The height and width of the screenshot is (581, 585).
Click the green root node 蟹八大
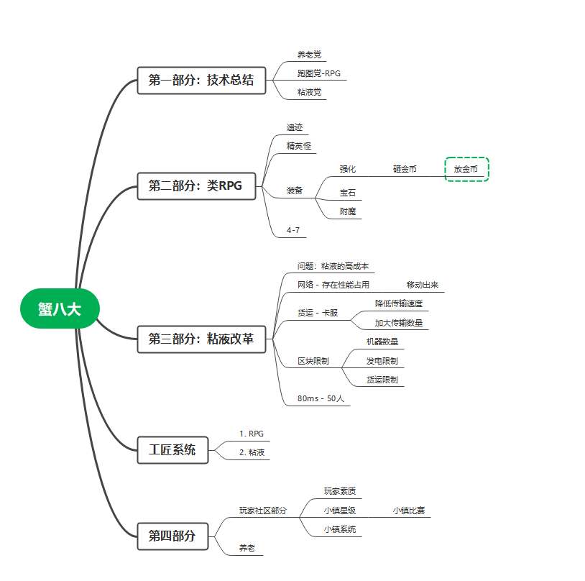tap(60, 308)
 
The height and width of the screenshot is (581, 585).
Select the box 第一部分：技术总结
tap(201, 81)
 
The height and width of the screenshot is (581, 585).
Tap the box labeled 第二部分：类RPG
tap(195, 186)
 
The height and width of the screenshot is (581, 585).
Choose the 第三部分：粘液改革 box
tap(201, 339)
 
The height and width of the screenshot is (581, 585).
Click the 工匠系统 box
tap(172, 450)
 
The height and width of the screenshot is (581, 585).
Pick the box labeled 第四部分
tap(172, 536)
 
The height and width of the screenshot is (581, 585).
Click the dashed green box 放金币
tap(466, 169)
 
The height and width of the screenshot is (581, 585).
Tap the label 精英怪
tap(299, 146)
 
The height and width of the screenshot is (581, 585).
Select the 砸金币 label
tap(405, 170)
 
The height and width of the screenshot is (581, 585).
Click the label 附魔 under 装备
tap(348, 211)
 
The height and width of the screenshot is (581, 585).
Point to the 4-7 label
tap(293, 230)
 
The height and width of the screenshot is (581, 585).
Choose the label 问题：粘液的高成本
tap(333, 266)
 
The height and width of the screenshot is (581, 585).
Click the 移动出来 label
tap(423, 285)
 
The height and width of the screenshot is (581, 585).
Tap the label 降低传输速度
tap(399, 304)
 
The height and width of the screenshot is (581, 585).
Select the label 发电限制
tap(382, 361)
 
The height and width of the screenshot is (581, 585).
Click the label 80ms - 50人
tap(321, 398)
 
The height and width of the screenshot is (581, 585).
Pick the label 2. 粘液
tap(252, 452)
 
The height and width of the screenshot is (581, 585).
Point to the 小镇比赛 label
tap(408, 511)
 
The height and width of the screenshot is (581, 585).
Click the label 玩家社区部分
tap(263, 511)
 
